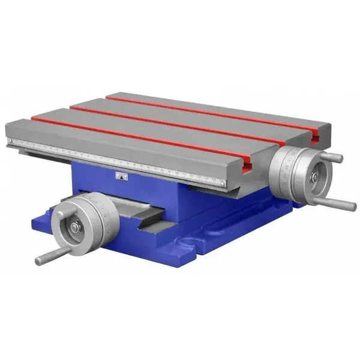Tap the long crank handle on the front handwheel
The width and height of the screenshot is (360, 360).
[x=47, y=257]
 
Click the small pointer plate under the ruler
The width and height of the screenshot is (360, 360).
[x=121, y=175]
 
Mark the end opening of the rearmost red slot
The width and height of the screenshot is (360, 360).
[x=316, y=140]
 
